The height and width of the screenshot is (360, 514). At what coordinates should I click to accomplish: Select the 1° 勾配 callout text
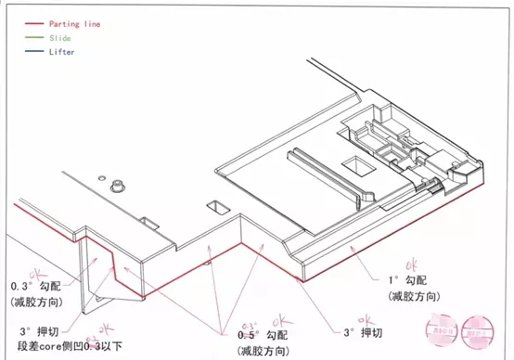tap(408, 278)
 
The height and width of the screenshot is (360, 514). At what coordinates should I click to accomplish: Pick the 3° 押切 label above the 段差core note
tap(34, 332)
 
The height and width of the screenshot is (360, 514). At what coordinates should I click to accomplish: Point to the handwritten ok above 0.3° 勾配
tap(40, 274)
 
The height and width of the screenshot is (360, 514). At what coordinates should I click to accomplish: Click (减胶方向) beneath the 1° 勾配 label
tap(408, 295)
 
